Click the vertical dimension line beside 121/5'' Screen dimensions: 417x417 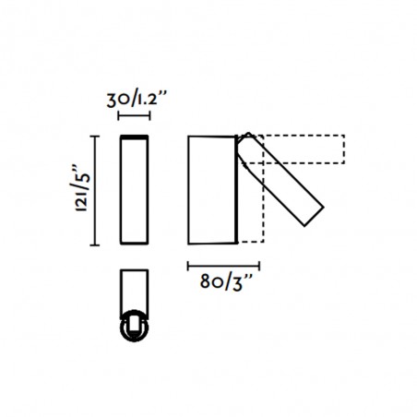[94, 191]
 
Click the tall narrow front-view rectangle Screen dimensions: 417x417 [134, 191]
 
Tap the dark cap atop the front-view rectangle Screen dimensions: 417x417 [134, 137]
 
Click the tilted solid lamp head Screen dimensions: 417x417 [280, 180]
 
